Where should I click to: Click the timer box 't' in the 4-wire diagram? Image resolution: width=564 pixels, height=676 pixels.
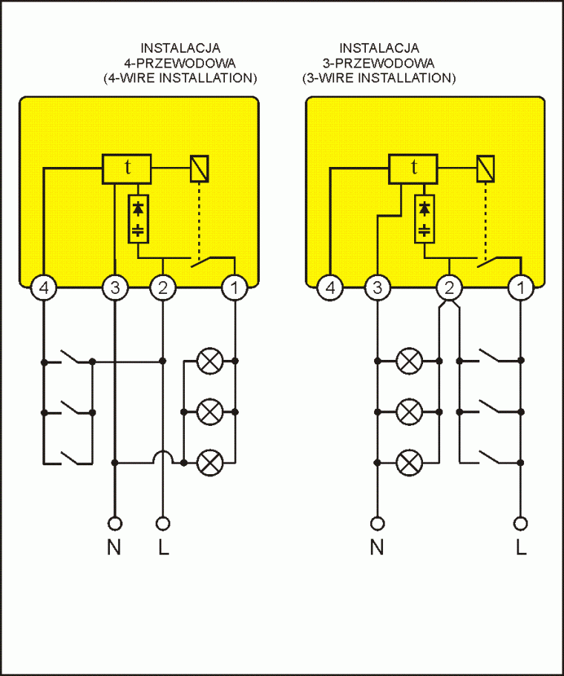[127, 168]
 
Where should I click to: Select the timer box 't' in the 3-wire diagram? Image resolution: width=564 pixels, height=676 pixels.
[413, 168]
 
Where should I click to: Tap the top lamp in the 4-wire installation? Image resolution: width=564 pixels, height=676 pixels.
[210, 361]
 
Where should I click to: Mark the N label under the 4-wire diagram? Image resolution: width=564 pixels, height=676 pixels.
[114, 548]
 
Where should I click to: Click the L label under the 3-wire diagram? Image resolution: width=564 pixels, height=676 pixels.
[521, 548]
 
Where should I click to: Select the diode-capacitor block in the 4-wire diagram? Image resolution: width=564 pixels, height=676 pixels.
[138, 219]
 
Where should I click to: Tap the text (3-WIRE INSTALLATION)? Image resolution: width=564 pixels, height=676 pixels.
[378, 77]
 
